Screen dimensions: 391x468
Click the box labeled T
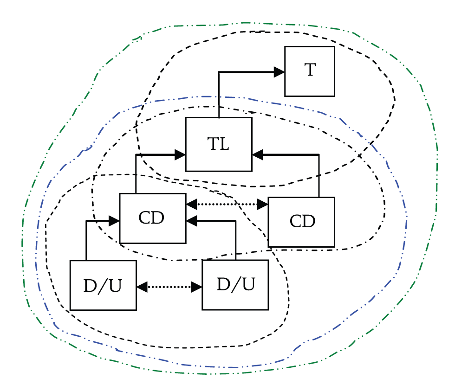309,71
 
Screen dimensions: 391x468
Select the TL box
219,144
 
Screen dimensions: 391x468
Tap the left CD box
152,218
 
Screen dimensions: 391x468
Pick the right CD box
301,222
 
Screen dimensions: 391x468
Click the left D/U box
103,285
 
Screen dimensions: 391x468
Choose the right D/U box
235,284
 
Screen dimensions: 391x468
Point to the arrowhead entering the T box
279,72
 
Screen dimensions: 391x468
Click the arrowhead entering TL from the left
180,155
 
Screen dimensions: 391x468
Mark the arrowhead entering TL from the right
258,155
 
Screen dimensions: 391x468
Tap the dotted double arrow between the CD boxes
227,204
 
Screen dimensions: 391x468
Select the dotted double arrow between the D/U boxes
169,287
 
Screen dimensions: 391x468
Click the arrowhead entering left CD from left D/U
114,221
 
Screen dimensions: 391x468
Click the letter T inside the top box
310,71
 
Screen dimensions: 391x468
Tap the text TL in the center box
218,144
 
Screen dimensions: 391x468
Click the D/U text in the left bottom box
103,286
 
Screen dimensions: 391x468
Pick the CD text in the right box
302,222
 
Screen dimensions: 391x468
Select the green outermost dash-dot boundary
437,186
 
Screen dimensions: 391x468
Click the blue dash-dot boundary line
407,223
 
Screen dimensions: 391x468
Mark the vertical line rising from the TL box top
219,95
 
